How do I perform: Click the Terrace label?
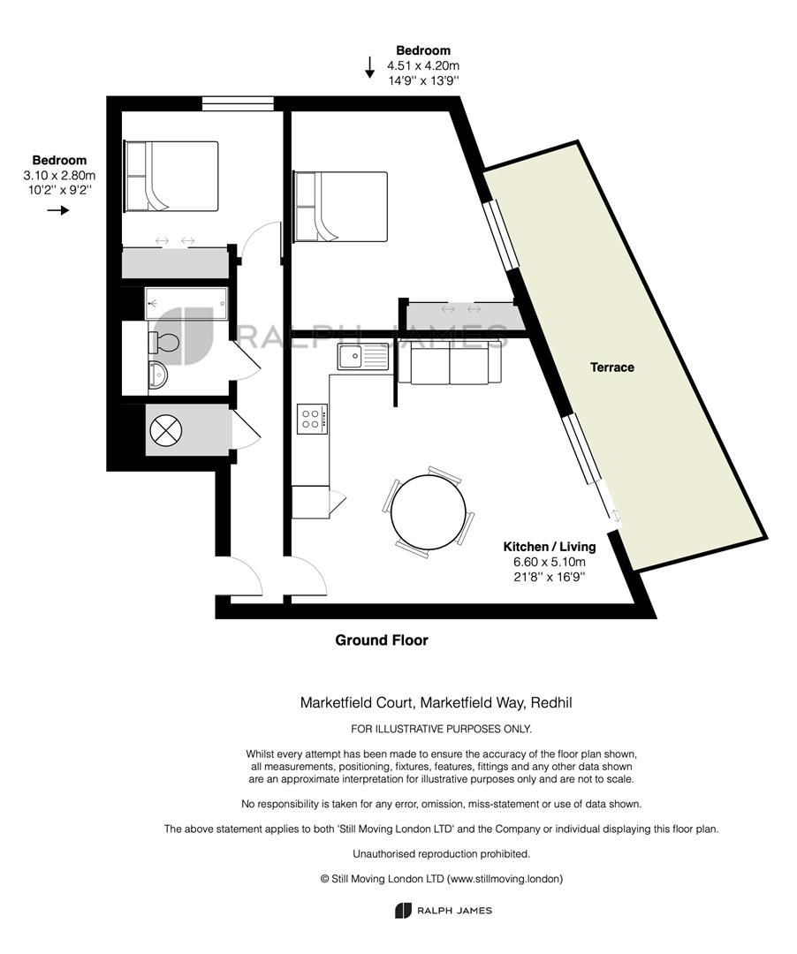click(612, 367)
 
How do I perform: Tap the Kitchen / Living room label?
click(549, 547)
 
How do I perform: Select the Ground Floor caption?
click(382, 640)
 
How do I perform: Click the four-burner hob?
click(313, 419)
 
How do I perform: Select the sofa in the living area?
click(450, 363)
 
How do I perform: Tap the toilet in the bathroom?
click(163, 343)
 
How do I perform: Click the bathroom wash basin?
click(157, 375)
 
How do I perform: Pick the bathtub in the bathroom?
click(186, 303)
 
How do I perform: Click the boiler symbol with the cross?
click(165, 431)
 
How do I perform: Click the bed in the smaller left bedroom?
click(171, 177)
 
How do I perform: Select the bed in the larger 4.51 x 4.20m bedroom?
click(341, 207)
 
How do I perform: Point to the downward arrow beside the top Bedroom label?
click(369, 67)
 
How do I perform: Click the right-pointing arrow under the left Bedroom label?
click(58, 210)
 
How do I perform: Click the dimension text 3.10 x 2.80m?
click(59, 176)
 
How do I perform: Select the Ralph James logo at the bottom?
click(443, 911)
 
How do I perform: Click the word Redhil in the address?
click(551, 703)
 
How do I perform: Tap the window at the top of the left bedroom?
click(238, 103)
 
